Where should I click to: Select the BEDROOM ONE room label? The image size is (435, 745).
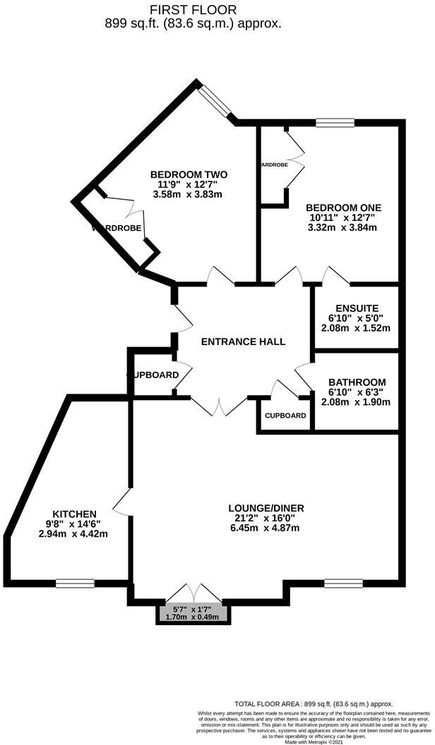[343, 207]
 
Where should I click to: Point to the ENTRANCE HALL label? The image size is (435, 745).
[244, 341]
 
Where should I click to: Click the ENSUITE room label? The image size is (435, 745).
[357, 308]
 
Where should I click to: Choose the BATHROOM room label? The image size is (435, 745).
[357, 382]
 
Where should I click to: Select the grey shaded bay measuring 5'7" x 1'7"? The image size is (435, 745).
[193, 611]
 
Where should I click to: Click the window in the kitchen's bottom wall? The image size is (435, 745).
[75, 583]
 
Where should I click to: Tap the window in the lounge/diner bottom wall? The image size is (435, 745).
[342, 583]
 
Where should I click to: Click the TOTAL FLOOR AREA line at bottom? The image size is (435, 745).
[314, 704]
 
